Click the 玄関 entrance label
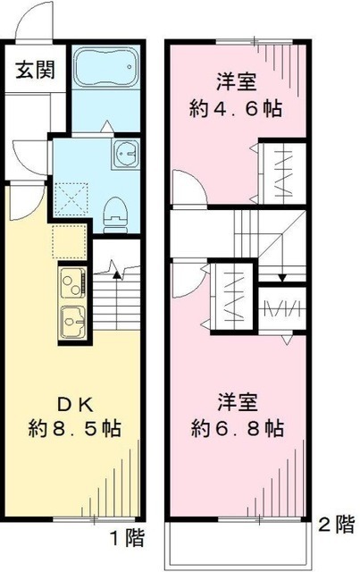(30, 70)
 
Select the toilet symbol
(115, 211)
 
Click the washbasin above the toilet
(123, 155)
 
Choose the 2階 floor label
(338, 526)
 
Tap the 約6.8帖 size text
(238, 427)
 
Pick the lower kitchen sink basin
(70, 317)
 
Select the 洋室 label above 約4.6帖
(238, 83)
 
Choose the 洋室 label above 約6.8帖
(238, 400)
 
